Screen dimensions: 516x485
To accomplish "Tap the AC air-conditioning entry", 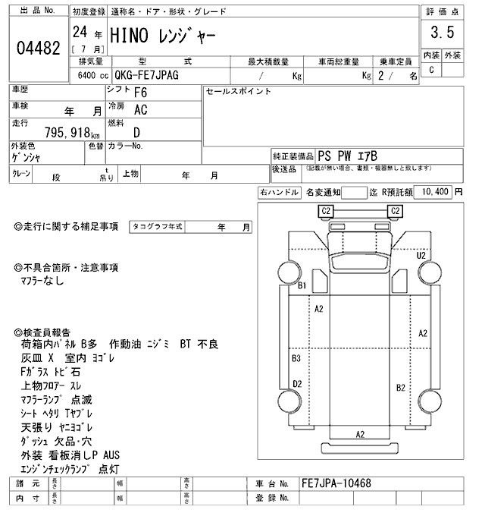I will coord(141,110).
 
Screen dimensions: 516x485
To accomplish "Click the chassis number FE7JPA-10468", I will coord(335,483).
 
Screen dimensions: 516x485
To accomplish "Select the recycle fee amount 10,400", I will coord(435,192).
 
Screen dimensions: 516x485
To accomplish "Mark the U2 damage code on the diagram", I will coord(421,256).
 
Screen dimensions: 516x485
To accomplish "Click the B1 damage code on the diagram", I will coord(302,286).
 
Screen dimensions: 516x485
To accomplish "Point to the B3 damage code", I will coord(296,357).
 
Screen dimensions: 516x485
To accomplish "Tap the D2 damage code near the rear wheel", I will coord(297,384).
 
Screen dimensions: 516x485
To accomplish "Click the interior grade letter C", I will coord(432,70).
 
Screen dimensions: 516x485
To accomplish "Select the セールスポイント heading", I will coord(239,91).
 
